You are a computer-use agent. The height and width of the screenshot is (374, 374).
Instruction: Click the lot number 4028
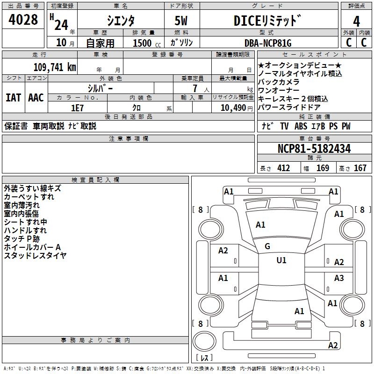23,20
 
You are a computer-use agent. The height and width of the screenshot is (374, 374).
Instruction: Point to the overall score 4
357,21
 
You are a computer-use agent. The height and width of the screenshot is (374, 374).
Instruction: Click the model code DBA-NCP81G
268,43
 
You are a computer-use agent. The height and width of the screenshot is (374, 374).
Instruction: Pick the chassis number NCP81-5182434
314,149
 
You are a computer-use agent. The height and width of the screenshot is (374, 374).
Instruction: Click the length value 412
283,168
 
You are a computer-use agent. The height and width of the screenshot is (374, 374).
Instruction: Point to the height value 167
360,168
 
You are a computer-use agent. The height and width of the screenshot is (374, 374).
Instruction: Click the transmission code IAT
14,98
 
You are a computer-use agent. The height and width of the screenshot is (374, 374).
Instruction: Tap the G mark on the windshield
267,246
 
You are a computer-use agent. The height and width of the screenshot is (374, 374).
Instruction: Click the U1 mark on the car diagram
281,260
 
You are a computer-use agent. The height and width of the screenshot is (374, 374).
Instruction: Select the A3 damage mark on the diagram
339,279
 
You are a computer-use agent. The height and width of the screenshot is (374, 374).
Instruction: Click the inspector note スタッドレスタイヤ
35,256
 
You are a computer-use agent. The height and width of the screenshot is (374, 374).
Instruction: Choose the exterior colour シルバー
100,88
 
